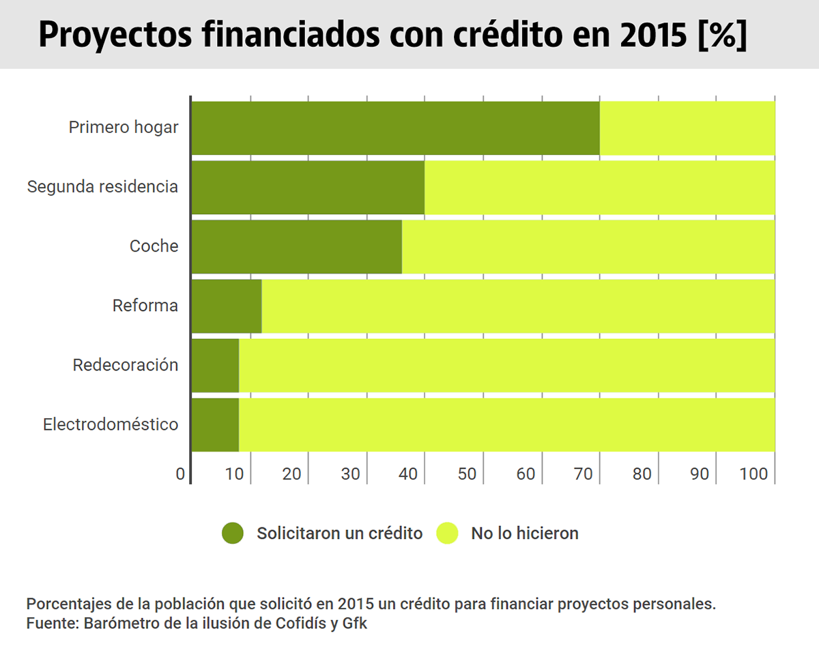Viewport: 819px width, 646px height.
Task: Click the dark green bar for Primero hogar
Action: tap(395, 128)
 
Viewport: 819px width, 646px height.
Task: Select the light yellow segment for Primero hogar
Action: tap(687, 128)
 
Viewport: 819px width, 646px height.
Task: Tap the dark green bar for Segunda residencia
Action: tap(308, 187)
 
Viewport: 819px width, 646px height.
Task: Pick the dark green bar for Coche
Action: tap(296, 246)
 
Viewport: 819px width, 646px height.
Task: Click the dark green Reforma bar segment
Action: tap(227, 306)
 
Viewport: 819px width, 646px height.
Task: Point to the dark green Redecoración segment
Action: tap(215, 365)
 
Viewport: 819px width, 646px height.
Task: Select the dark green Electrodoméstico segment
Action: tap(215, 424)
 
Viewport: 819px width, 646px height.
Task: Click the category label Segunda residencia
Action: tap(102, 187)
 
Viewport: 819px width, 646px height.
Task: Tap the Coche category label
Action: tap(154, 246)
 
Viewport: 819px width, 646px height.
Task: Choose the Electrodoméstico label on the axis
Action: tap(111, 424)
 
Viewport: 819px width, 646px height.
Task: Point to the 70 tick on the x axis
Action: tap(584, 474)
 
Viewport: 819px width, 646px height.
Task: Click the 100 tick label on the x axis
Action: tap(753, 474)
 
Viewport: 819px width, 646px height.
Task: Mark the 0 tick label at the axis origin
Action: tap(180, 474)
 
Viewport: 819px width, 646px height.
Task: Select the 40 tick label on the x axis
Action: tap(409, 474)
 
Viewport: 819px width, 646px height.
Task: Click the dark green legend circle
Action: tap(233, 533)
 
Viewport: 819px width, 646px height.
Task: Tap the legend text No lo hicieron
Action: tap(524, 533)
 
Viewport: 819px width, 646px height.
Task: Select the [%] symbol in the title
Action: tap(722, 35)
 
